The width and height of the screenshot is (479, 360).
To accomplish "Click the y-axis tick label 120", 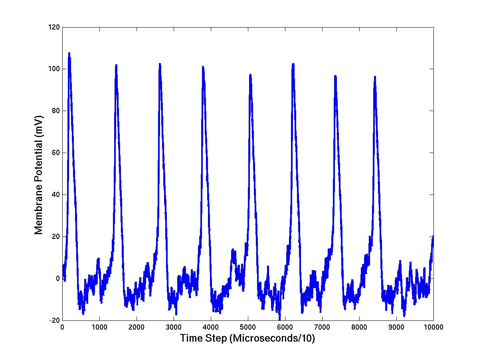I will coord(55,27).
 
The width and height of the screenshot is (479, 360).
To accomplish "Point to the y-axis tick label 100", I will coord(55,69).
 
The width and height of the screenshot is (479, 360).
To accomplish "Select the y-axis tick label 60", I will coord(56,153).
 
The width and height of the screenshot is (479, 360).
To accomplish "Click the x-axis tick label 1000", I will coord(99,327).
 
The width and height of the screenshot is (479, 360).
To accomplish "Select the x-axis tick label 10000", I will coord(433,327).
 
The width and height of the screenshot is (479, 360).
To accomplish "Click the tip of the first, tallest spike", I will coord(69,53).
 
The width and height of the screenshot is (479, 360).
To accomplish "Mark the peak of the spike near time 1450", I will coord(116,65).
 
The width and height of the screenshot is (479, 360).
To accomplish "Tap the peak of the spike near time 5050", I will coord(250,74).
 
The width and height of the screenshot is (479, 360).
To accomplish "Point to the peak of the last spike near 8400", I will coord(375,76).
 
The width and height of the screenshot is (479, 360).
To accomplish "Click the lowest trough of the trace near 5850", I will coord(279,318).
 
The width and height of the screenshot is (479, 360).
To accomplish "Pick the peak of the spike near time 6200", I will coord(293,64).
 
